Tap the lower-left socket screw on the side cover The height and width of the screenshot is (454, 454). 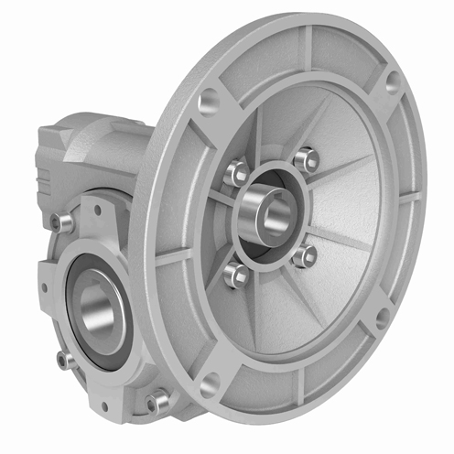click(65, 360)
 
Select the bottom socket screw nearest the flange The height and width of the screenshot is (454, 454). click(157, 400)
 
